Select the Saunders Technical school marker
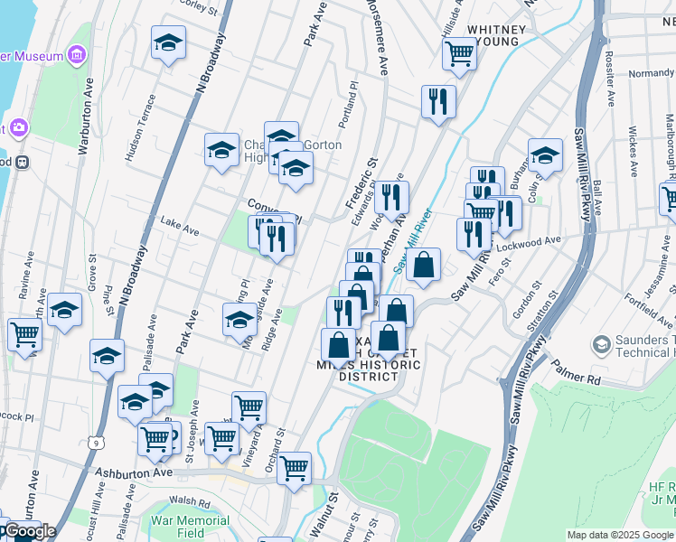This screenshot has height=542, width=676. click(601, 344)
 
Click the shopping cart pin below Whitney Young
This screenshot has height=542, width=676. click(459, 54)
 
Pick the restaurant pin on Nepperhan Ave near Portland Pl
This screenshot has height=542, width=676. click(438, 101)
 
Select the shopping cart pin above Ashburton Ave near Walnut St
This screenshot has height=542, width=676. click(294, 468)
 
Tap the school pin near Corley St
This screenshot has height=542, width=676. click(168, 44)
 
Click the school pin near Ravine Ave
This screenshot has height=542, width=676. click(64, 310)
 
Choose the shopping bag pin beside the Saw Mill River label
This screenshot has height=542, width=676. click(423, 264)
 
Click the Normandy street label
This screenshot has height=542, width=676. click(650, 72)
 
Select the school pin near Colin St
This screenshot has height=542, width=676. click(545, 155)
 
